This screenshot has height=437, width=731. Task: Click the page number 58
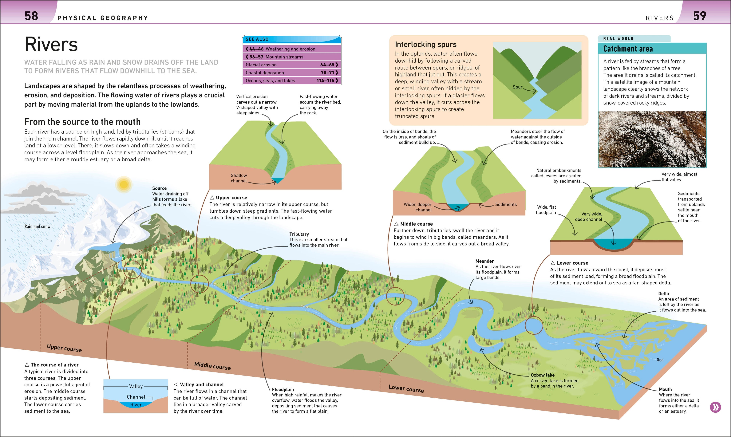[31, 16]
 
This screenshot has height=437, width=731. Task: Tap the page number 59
[699, 16]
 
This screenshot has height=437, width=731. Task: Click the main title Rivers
[51, 45]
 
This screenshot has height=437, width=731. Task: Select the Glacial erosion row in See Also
[292, 65]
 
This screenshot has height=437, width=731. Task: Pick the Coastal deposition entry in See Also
[292, 73]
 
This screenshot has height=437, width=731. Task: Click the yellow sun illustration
[124, 185]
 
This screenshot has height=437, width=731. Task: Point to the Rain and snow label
[37, 226]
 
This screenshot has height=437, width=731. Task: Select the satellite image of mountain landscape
[652, 139]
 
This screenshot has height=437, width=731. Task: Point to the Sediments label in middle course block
[506, 204]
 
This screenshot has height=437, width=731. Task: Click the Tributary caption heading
[299, 234]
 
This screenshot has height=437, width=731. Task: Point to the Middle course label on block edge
[212, 366]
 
